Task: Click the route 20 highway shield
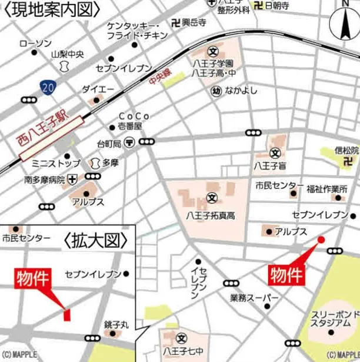pyautogui.click(x=48, y=87)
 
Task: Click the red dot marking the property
pyautogui.click(x=321, y=239)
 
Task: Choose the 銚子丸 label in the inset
pyautogui.click(x=116, y=324)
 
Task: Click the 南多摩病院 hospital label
pyautogui.click(x=35, y=179)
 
